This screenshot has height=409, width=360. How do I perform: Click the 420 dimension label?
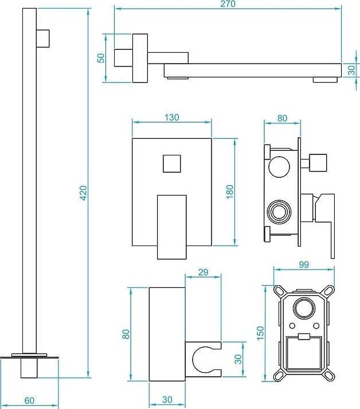coord(83,192)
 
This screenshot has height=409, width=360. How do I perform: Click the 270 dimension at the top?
coord(228,4)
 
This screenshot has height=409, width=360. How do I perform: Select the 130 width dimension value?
coord(171,117)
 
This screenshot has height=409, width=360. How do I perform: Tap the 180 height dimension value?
coord(230,192)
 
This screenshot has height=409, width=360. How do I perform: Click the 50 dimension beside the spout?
coord(101,58)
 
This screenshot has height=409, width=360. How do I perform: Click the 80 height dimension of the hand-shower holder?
coord(126,334)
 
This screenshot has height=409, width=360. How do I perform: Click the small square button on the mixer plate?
coord(172,162)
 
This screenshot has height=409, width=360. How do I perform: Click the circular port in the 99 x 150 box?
coord(302,309)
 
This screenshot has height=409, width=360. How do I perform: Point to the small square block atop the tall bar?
coord(44,37)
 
